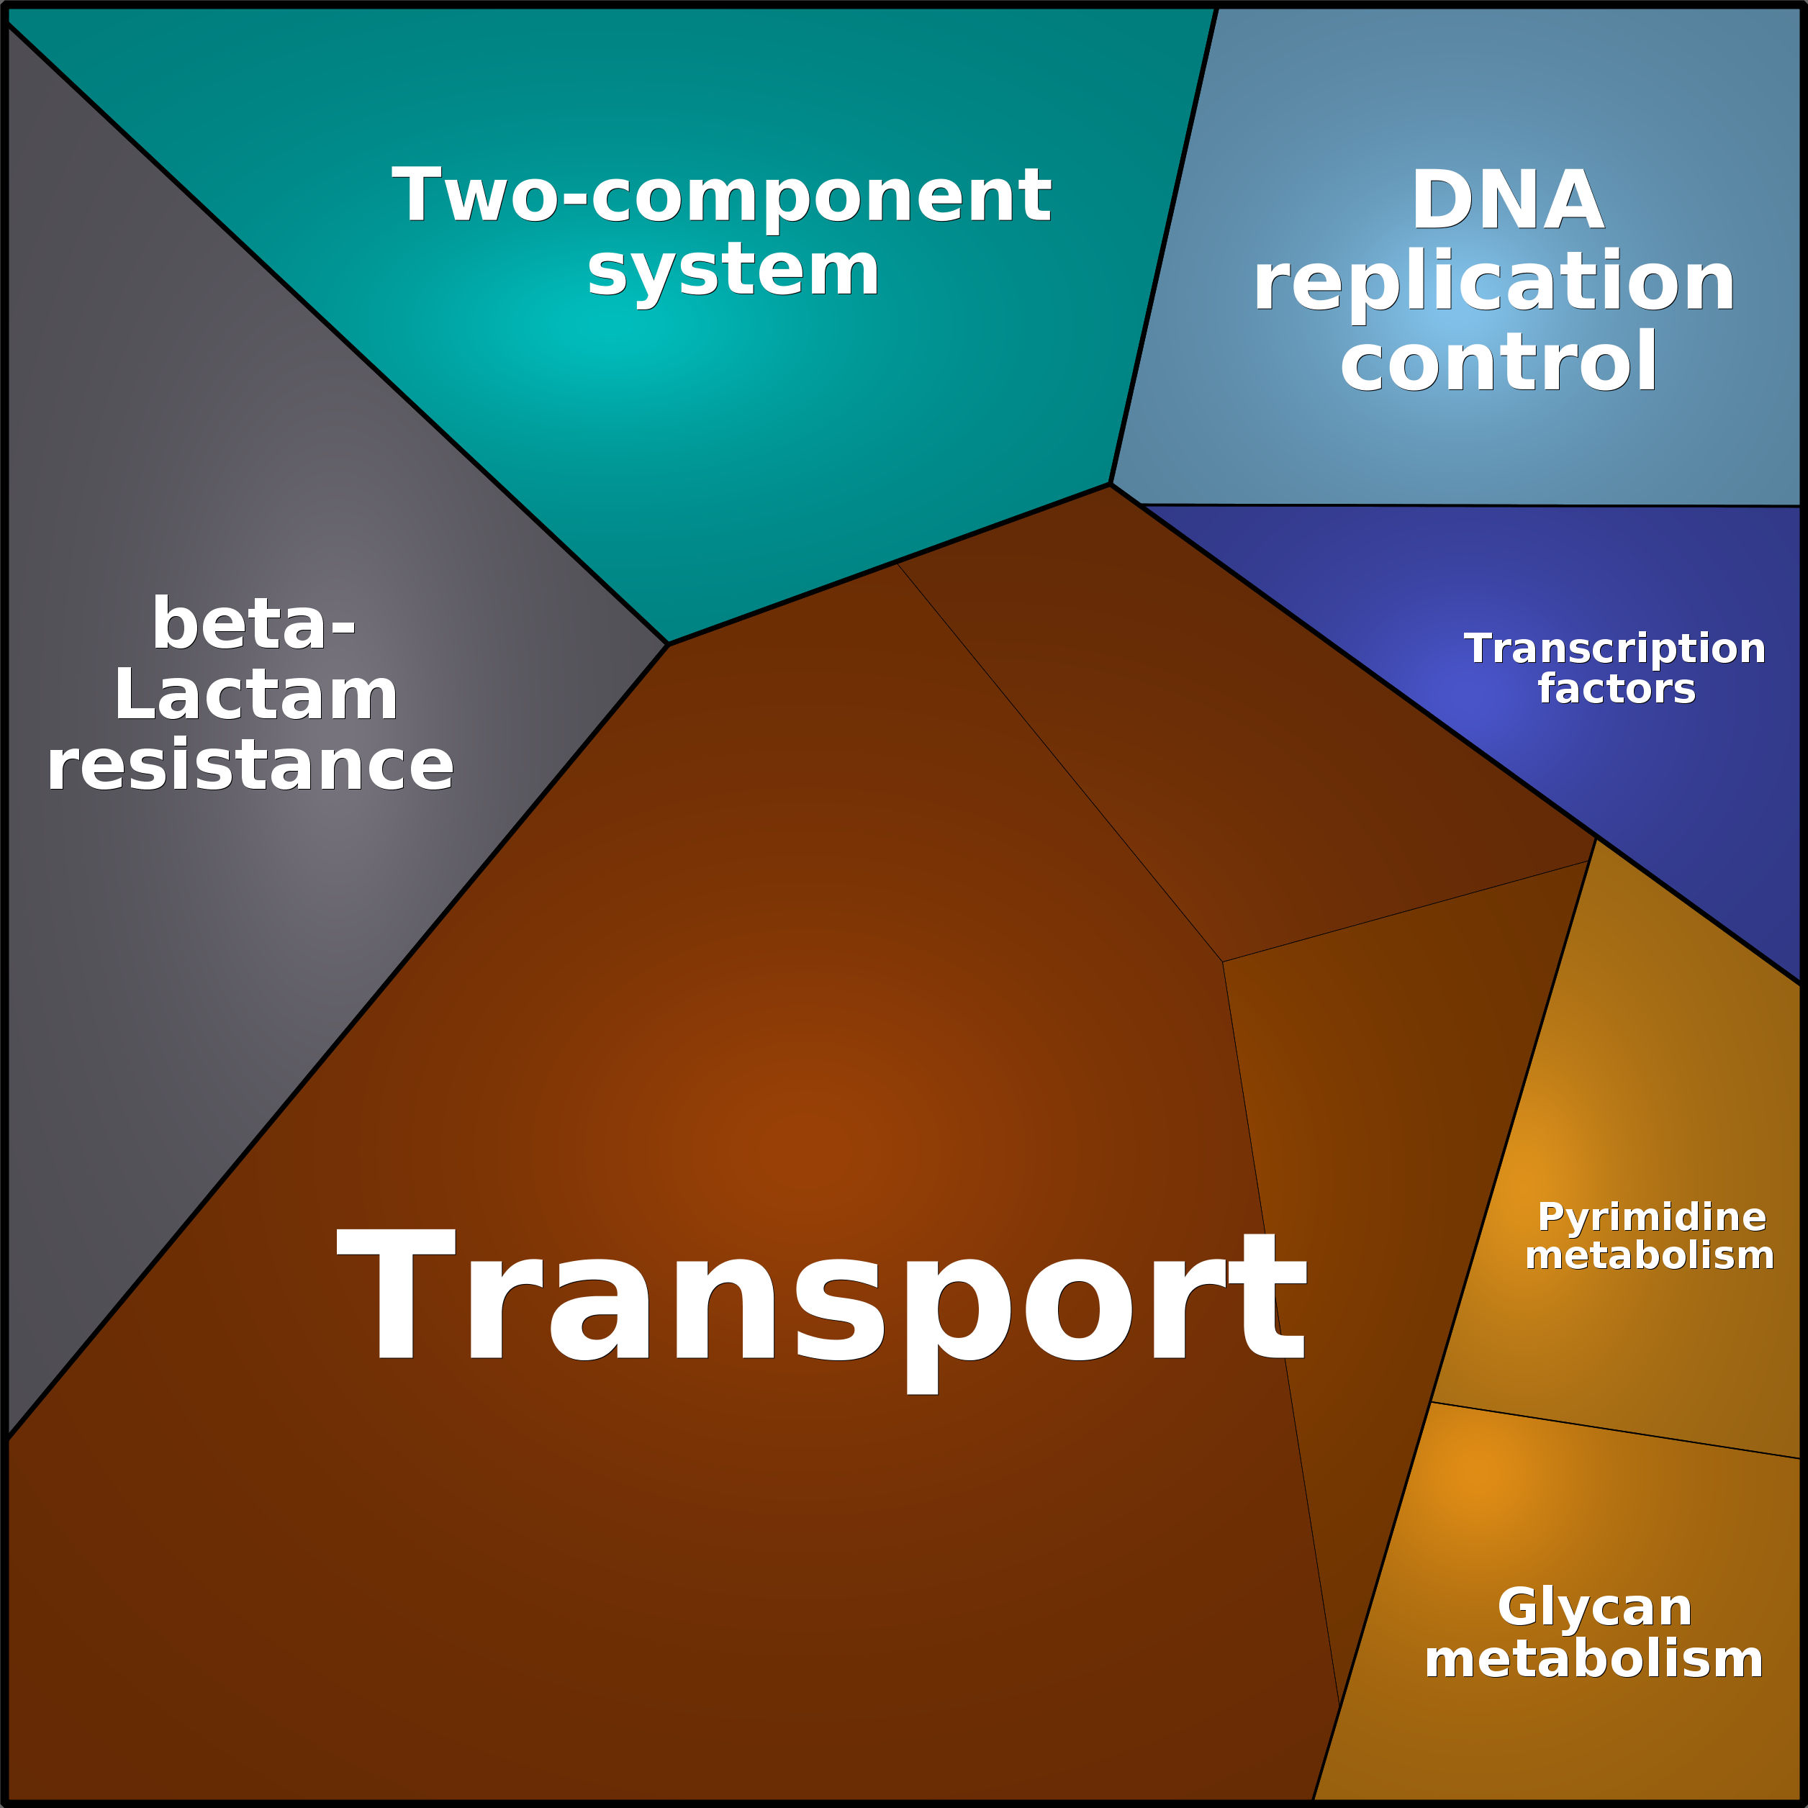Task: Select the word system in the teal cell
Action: click(x=733, y=274)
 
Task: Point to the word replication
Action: click(x=1493, y=284)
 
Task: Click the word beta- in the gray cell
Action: click(x=253, y=623)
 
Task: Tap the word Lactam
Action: click(x=256, y=695)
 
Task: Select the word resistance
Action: click(x=250, y=766)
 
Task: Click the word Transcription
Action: click(x=1614, y=649)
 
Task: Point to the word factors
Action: click(x=1616, y=690)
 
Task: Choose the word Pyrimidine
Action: click(x=1652, y=1219)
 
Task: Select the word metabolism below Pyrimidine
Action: click(x=1649, y=1255)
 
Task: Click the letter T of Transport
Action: click(x=396, y=1293)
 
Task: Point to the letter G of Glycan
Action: click(x=1522, y=1606)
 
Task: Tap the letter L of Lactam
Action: click(x=134, y=695)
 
